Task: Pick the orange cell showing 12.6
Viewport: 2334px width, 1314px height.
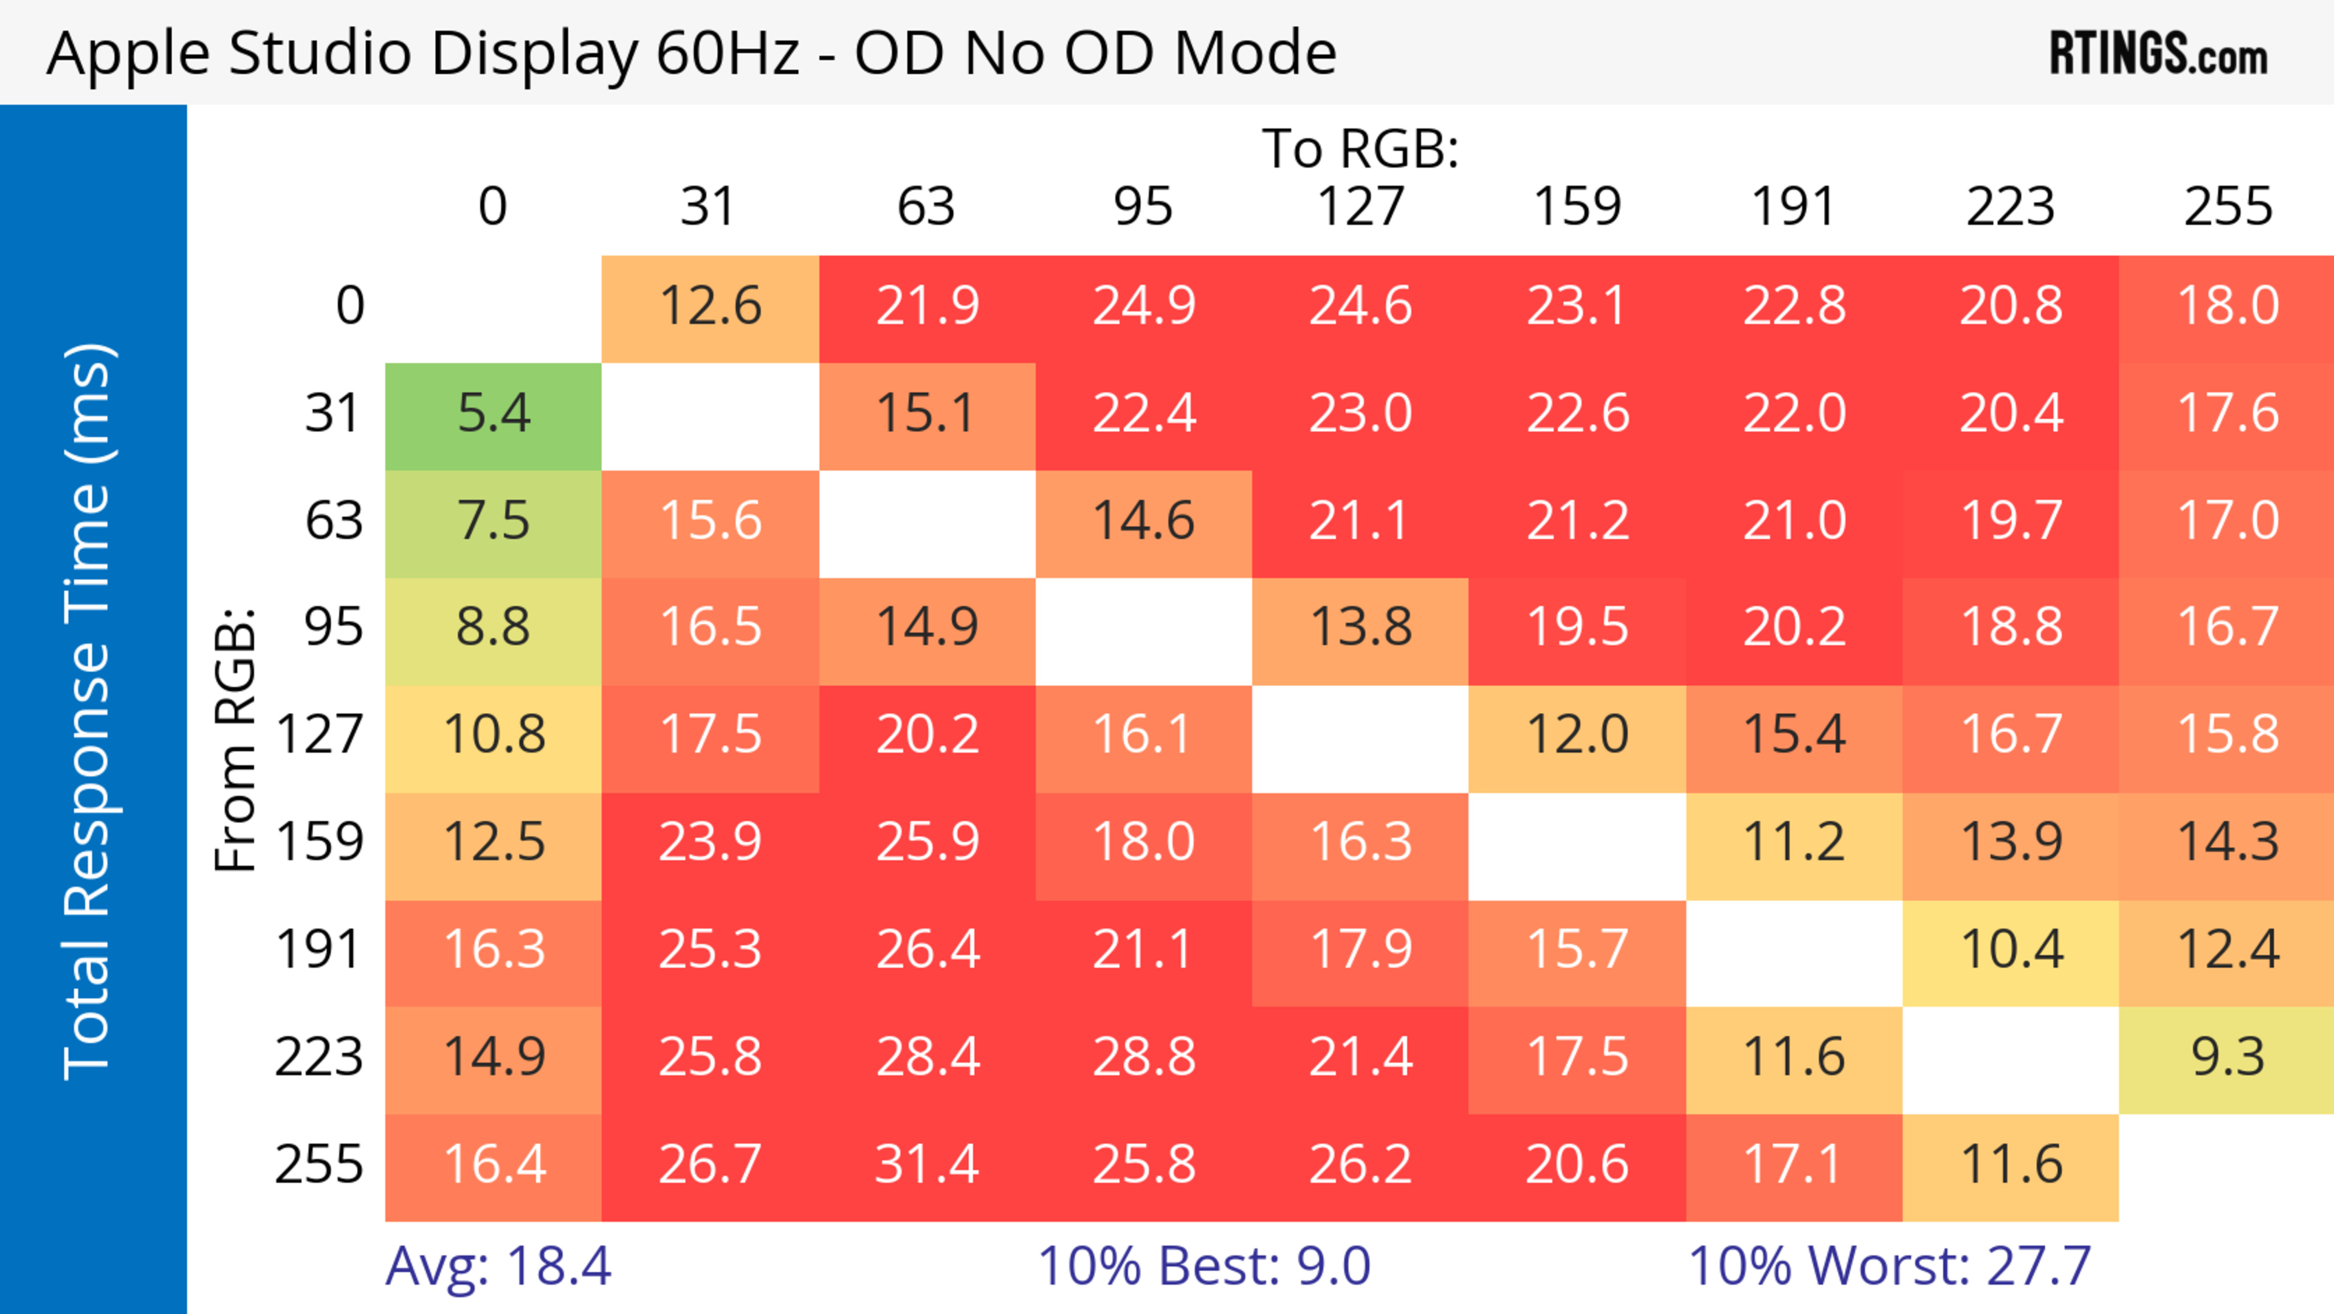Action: [711, 307]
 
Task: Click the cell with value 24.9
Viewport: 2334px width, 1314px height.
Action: [1143, 307]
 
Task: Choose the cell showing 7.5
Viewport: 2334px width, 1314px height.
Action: [493, 522]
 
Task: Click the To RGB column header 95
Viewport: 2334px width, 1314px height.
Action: [1143, 207]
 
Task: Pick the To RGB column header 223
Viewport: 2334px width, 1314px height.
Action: [2011, 207]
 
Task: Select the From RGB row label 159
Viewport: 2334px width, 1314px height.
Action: [320, 843]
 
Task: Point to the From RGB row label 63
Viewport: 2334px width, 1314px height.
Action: [334, 522]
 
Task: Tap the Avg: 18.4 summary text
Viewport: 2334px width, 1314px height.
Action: [498, 1266]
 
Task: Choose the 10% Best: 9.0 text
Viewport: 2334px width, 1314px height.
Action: [1203, 1266]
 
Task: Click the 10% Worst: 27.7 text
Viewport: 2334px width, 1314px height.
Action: [1889, 1266]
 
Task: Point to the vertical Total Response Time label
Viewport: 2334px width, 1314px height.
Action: [89, 711]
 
